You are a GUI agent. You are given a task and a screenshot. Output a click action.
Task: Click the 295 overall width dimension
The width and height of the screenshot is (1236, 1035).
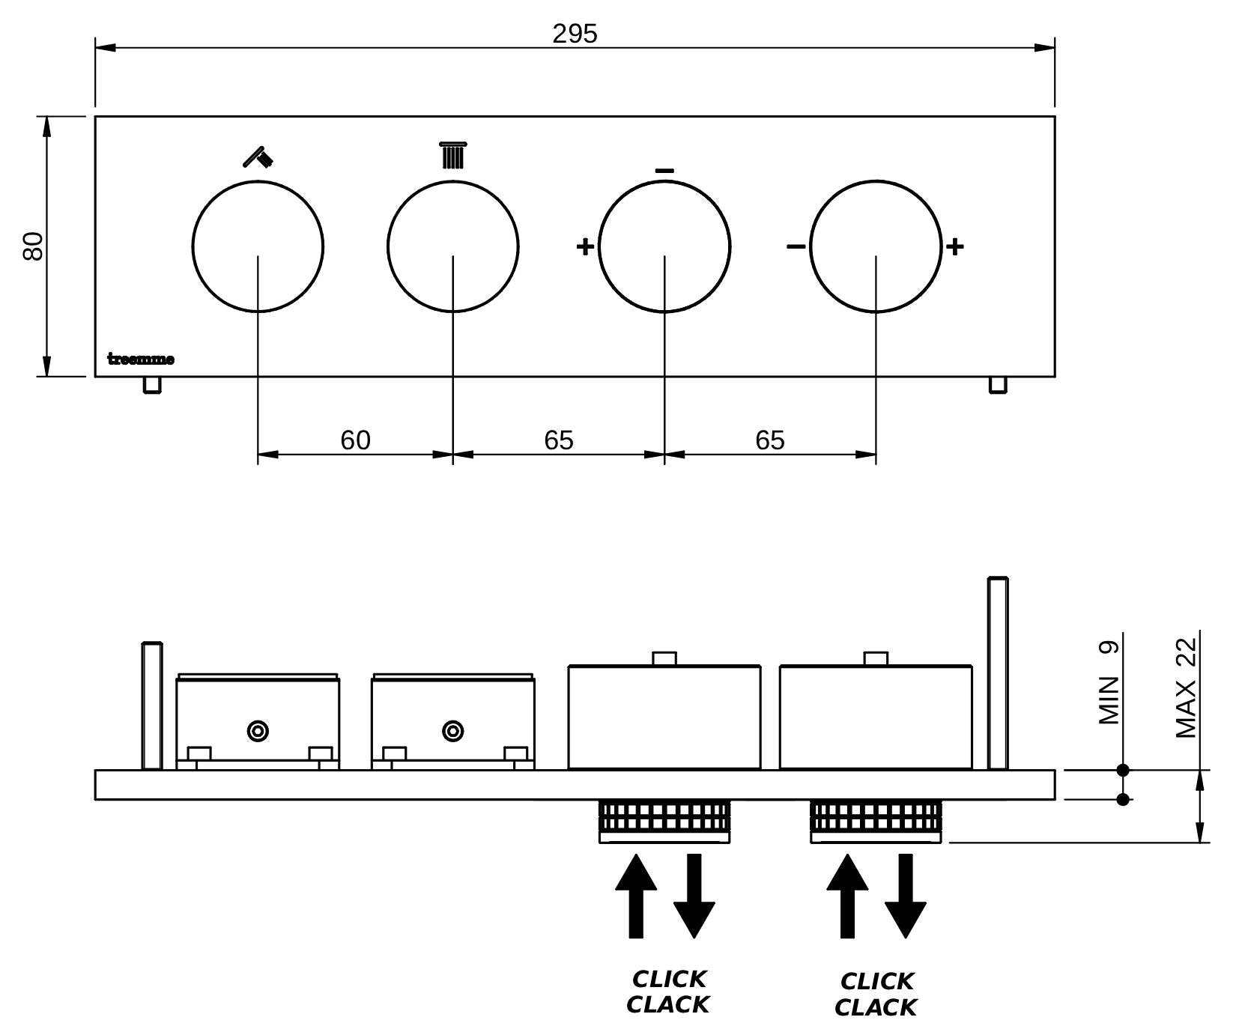click(x=575, y=34)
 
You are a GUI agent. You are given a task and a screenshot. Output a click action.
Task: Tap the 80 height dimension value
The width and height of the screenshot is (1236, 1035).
click(x=34, y=246)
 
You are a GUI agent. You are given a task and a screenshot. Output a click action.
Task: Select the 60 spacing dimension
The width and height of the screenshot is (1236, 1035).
click(x=355, y=440)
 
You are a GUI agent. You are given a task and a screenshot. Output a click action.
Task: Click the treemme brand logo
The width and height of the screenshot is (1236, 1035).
click(x=141, y=359)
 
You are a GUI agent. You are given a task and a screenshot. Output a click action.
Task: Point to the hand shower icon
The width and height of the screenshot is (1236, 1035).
click(x=258, y=156)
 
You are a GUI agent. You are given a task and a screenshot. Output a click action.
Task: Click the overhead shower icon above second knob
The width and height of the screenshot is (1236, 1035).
click(x=452, y=155)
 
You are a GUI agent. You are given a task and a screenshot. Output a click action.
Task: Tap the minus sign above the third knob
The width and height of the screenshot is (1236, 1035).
click(x=664, y=171)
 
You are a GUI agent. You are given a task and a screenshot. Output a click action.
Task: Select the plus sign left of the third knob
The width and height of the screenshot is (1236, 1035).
click(x=585, y=246)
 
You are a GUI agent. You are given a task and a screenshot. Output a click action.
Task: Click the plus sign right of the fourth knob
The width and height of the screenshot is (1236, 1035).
click(x=954, y=246)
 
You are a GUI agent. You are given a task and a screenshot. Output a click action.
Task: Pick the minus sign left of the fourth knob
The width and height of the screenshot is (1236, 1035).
click(x=796, y=246)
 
